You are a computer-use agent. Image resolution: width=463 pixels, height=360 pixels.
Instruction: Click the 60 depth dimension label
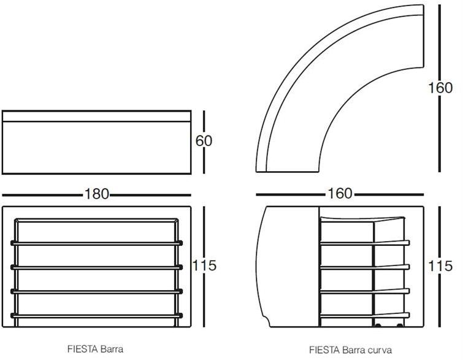(x=204, y=140)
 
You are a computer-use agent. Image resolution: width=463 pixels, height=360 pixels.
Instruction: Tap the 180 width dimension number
(x=97, y=194)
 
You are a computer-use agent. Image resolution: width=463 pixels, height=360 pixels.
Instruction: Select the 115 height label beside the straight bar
(x=204, y=265)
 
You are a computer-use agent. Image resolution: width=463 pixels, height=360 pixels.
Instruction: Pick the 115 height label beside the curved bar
(x=440, y=266)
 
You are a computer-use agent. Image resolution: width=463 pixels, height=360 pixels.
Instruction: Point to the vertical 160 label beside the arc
(x=440, y=88)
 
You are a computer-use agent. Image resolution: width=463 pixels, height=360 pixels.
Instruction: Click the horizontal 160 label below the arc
(x=340, y=193)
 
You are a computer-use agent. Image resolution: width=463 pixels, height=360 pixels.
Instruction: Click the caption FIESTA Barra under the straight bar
(x=95, y=349)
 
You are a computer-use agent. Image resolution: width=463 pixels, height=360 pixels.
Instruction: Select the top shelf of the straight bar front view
(x=96, y=243)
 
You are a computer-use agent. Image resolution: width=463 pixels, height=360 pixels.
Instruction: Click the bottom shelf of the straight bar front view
(x=96, y=316)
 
